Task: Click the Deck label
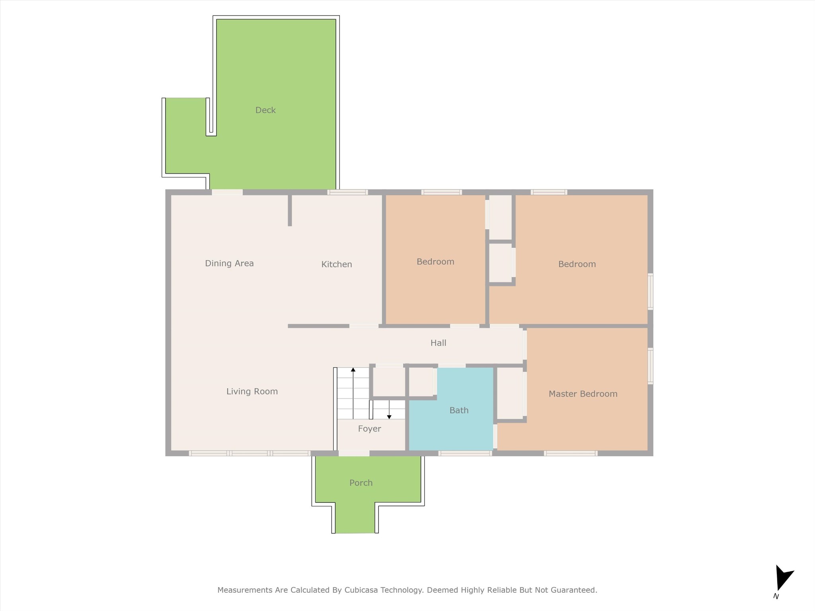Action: point(265,110)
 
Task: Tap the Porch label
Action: point(361,483)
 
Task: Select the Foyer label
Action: point(369,429)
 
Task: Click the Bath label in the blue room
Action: point(459,411)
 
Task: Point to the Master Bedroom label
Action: point(583,394)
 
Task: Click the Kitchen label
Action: point(337,265)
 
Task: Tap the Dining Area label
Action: point(229,263)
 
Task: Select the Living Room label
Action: point(252,391)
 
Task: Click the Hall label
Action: point(438,343)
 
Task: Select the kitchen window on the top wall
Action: point(347,192)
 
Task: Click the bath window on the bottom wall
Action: point(465,453)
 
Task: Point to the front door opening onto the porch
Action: point(354,453)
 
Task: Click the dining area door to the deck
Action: point(227,192)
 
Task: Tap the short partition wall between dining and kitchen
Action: point(290,210)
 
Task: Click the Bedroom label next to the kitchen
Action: point(435,262)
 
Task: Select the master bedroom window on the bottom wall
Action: point(571,453)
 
